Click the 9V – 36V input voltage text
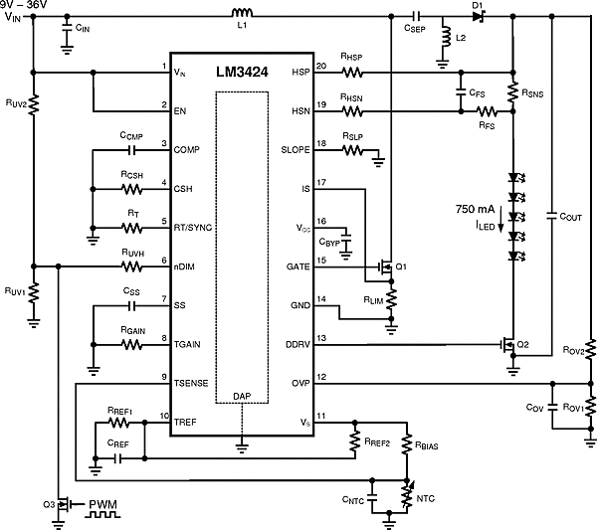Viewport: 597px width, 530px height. coord(29,5)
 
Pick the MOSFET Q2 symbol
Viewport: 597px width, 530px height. coord(508,344)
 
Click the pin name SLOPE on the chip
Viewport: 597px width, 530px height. coord(298,150)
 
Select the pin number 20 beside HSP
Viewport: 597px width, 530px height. coord(320,66)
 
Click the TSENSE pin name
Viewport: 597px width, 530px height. coord(191,383)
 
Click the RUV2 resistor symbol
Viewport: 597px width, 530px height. coord(33,104)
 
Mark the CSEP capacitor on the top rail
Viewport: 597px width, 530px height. coord(418,16)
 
